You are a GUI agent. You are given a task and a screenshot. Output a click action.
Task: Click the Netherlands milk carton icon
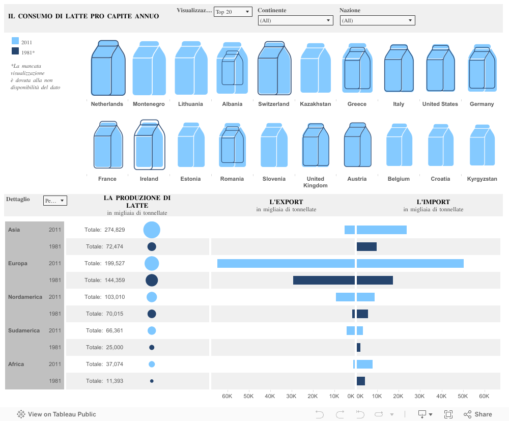pyautogui.click(x=108, y=68)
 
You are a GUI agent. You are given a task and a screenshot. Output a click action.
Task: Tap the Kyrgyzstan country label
pyautogui.click(x=482, y=179)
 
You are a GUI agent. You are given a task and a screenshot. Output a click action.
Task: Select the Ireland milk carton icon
pyautogui.click(x=149, y=145)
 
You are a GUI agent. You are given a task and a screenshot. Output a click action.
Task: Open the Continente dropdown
pyautogui.click(x=295, y=20)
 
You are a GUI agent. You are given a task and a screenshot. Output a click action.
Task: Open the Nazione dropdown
pyautogui.click(x=377, y=20)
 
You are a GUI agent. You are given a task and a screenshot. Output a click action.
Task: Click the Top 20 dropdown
pyautogui.click(x=233, y=12)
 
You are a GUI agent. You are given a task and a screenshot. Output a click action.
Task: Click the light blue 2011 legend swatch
pyautogui.click(x=15, y=42)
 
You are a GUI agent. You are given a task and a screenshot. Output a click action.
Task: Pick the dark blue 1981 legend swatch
pyautogui.click(x=15, y=51)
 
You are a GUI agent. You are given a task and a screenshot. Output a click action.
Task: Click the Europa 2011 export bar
pyautogui.click(x=286, y=263)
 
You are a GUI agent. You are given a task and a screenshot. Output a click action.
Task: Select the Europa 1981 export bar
pyautogui.click(x=324, y=280)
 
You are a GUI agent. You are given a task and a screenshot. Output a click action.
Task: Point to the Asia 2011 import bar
pyautogui.click(x=381, y=230)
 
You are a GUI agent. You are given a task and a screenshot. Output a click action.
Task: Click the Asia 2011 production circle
pyautogui.click(x=152, y=230)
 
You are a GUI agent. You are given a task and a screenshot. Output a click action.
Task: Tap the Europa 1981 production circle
pyautogui.click(x=152, y=280)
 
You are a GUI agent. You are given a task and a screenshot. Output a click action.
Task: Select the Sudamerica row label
pyautogui.click(x=24, y=330)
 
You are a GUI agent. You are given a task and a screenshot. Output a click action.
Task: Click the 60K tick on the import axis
pyautogui.click(x=484, y=396)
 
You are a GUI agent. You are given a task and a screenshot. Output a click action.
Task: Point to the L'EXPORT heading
pyautogui.click(x=286, y=202)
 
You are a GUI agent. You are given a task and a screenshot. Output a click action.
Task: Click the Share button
pyautogui.click(x=477, y=414)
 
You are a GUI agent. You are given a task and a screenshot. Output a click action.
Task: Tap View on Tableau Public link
pyautogui.click(x=56, y=414)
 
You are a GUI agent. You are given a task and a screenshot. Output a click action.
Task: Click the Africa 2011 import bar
pyautogui.click(x=364, y=364)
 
